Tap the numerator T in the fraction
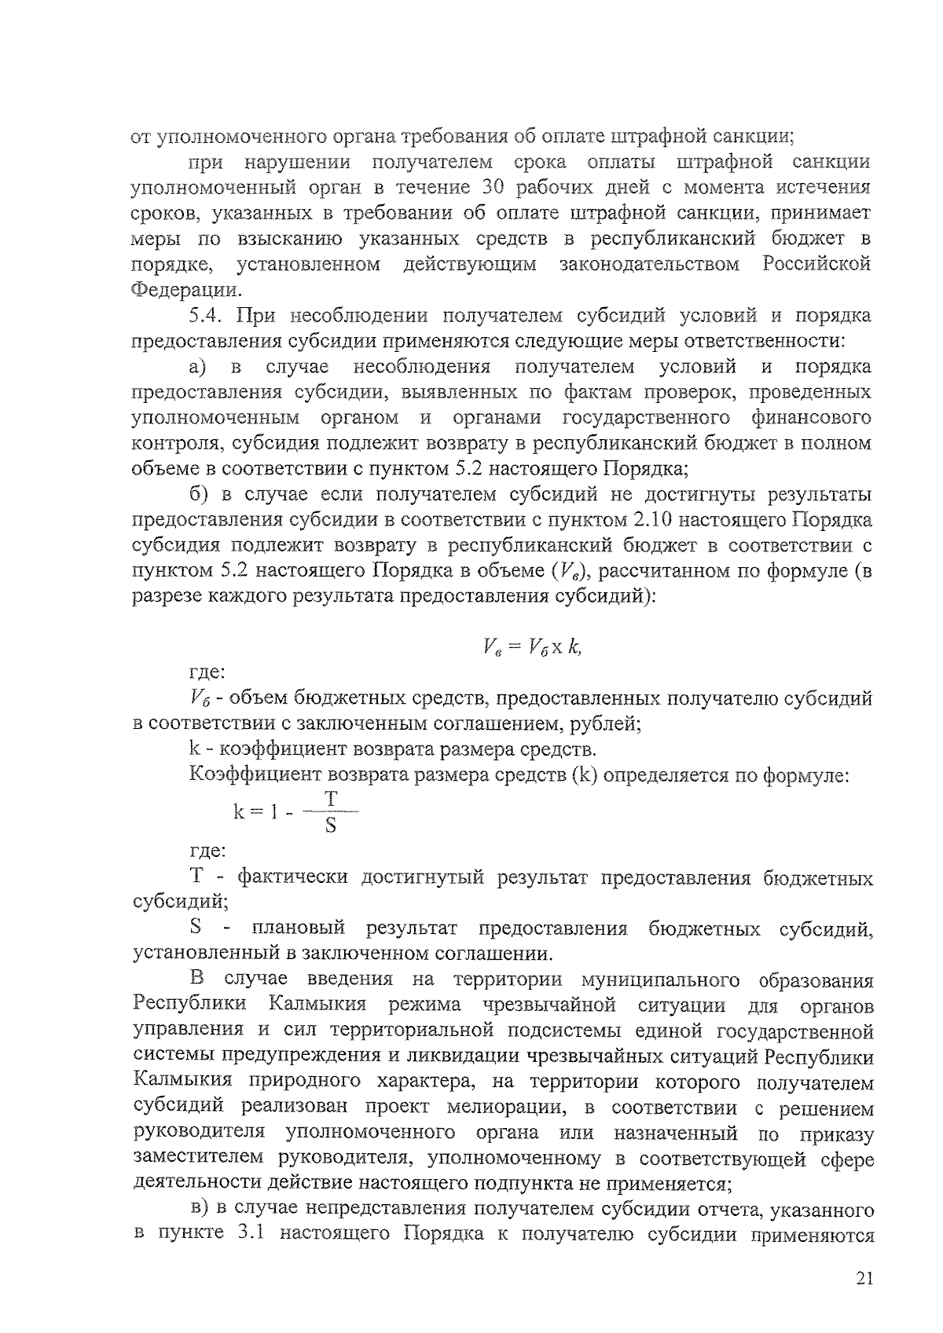point(332,799)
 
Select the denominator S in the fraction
point(331,826)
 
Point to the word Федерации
point(185,291)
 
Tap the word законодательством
point(649,264)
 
